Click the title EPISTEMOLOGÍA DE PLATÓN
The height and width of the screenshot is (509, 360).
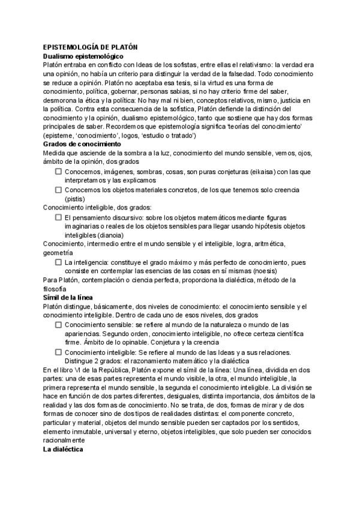coord(91,47)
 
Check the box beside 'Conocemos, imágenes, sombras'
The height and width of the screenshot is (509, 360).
coord(59,171)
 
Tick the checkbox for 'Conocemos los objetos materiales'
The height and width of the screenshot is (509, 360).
coord(59,190)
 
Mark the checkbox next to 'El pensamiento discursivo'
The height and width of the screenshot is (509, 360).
coord(59,217)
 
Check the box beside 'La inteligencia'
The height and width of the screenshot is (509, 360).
coord(59,262)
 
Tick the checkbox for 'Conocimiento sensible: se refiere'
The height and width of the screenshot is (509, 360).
coord(59,324)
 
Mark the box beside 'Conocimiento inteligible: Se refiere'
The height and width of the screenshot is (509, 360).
coord(59,352)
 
